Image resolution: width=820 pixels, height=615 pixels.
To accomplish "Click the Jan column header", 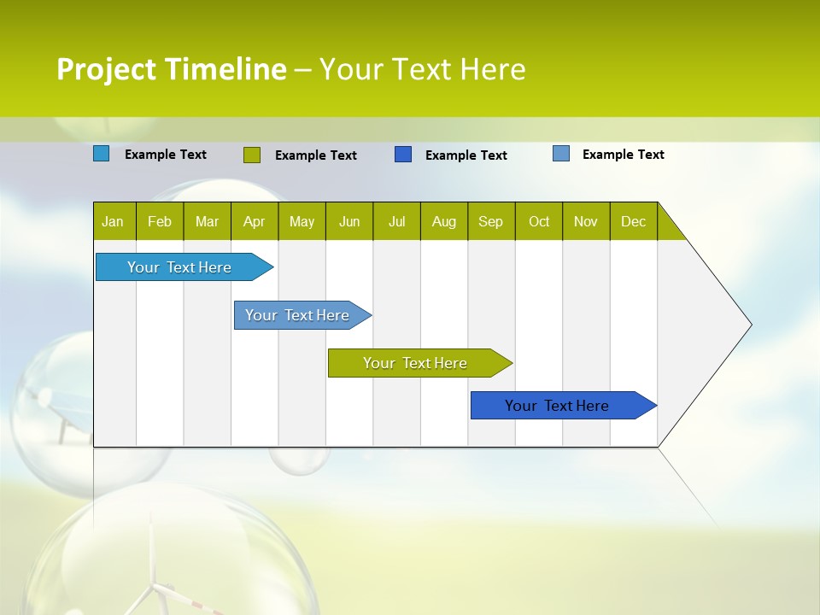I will point(113,221).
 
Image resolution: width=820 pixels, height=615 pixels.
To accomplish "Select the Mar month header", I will point(207,221).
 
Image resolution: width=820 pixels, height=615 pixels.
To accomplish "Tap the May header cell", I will point(302,221).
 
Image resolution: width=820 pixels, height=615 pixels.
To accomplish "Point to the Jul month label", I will point(396,221).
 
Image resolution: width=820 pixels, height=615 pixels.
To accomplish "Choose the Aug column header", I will point(443,221).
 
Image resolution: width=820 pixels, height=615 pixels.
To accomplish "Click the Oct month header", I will point(538,221).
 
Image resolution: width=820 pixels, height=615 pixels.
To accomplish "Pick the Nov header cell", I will point(586,221).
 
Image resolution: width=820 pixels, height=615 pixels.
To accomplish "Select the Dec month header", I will point(633,221).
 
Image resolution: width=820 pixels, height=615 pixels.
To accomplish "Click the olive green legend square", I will point(252,155).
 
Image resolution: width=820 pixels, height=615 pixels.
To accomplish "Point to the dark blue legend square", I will point(403,155).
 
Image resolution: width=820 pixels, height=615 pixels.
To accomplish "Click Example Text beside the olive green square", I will point(315,155).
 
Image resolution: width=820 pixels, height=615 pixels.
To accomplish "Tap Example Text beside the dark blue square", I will point(466,155).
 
